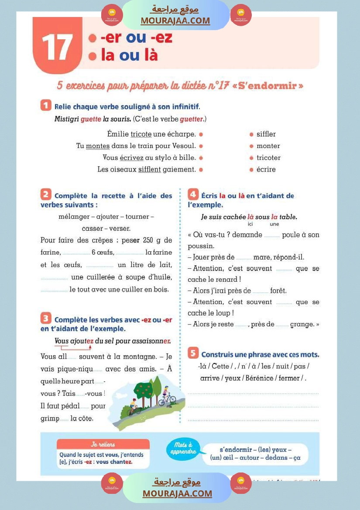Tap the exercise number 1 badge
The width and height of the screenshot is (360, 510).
46,105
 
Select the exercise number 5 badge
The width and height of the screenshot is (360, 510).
193,353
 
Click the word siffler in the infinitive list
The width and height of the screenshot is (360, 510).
266,134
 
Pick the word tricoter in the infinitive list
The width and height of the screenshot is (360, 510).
268,158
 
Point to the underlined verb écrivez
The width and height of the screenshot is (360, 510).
131,158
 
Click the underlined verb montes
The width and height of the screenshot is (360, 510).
98,146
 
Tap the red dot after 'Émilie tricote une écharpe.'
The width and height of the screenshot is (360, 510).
201,134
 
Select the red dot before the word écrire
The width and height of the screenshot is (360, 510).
252,170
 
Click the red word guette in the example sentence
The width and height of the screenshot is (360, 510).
91,119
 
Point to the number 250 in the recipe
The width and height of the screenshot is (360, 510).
149,240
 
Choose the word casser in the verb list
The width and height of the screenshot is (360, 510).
92,229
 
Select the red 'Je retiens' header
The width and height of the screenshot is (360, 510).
103,445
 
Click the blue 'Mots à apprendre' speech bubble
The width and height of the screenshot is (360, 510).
183,448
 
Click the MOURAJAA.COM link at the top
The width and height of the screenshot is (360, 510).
175,21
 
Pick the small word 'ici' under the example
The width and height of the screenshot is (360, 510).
250,224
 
